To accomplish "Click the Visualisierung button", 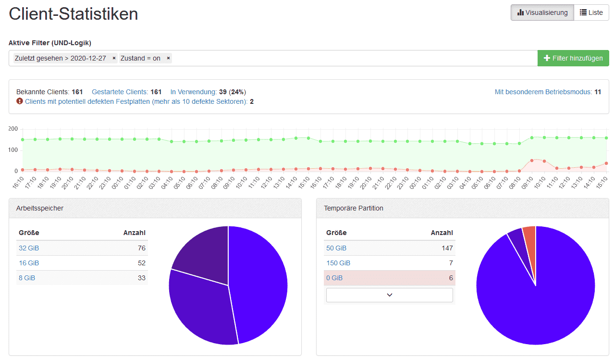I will coord(542,12).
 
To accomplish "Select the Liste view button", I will coord(591,12).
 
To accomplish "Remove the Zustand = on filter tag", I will coord(168,58).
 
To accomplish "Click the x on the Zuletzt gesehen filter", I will coord(114,58).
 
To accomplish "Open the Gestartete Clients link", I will coord(120,92).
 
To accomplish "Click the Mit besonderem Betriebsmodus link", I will coord(543,92).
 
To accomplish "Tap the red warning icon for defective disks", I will coord(20,101).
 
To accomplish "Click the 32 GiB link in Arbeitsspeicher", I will coord(29,248).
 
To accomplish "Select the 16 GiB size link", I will coord(29,263).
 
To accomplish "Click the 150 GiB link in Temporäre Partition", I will coord(338,263).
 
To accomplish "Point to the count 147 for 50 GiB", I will coord(447,248).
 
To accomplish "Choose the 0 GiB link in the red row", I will coord(334,278).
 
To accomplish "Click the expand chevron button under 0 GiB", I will coord(389,295).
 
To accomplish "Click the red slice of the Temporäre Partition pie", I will coord(529,240).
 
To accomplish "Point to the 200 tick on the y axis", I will coord(13,129).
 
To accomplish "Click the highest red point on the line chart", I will coord(532,160).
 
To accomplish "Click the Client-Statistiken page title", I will coord(74,14).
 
